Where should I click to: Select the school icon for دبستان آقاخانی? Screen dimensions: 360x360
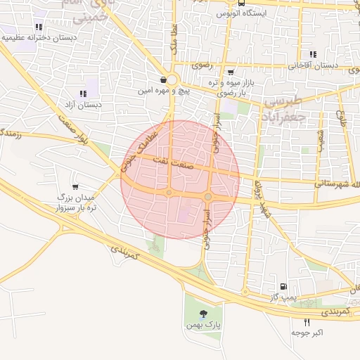coord(312,54)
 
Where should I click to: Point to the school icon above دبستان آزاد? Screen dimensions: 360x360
coord(83,94)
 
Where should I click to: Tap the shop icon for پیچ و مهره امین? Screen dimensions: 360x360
coord(163,80)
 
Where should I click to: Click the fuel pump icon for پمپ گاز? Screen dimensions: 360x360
coord(283,286)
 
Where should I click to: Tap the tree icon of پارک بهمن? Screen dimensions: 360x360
coord(204,314)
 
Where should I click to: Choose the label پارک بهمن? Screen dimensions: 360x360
coord(204,326)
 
